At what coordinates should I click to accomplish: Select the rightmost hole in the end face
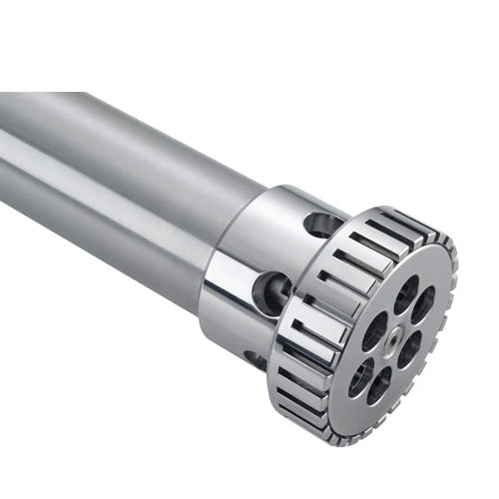coord(424,304)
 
